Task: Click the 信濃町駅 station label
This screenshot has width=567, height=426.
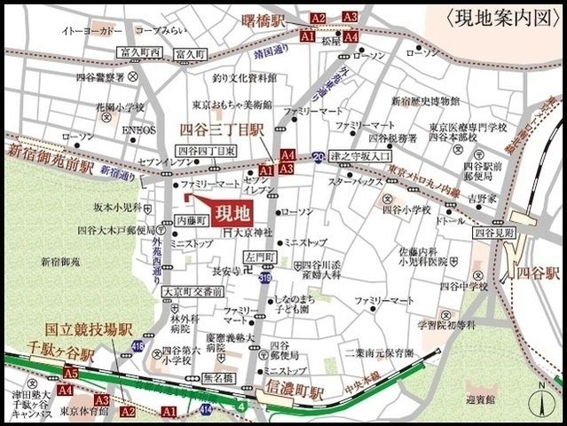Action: coord(295,388)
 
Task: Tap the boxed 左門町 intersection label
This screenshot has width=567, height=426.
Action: coord(261,256)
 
